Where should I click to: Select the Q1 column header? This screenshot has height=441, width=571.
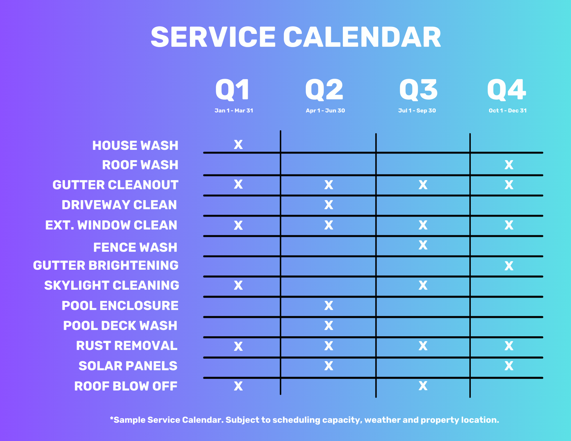click(x=233, y=90)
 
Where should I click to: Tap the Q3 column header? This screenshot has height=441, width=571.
click(x=418, y=90)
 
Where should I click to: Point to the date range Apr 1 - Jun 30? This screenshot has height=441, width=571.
click(x=325, y=111)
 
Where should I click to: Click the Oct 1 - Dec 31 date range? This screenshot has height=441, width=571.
click(x=508, y=111)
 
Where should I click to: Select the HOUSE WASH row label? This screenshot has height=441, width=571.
click(x=135, y=145)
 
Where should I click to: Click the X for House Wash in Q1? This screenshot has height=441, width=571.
click(x=238, y=145)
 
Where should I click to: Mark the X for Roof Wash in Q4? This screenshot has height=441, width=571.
click(x=509, y=165)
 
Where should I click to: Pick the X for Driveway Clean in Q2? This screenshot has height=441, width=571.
click(x=329, y=205)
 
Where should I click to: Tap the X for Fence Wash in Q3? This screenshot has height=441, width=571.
click(x=423, y=245)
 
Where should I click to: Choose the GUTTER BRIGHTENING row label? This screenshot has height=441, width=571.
click(x=106, y=265)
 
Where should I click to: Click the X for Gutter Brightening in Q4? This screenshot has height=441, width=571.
click(x=509, y=266)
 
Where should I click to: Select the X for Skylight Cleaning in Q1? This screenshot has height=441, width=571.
click(x=238, y=285)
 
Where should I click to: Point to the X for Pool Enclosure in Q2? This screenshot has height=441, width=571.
click(x=329, y=306)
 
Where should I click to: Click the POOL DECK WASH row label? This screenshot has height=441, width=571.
click(x=120, y=326)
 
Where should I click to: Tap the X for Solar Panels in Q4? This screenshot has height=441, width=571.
click(x=509, y=366)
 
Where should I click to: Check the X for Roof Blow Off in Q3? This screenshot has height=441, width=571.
click(x=423, y=386)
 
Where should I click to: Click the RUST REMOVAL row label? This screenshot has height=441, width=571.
click(x=127, y=346)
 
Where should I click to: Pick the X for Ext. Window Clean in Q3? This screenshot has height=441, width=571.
click(x=423, y=225)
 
